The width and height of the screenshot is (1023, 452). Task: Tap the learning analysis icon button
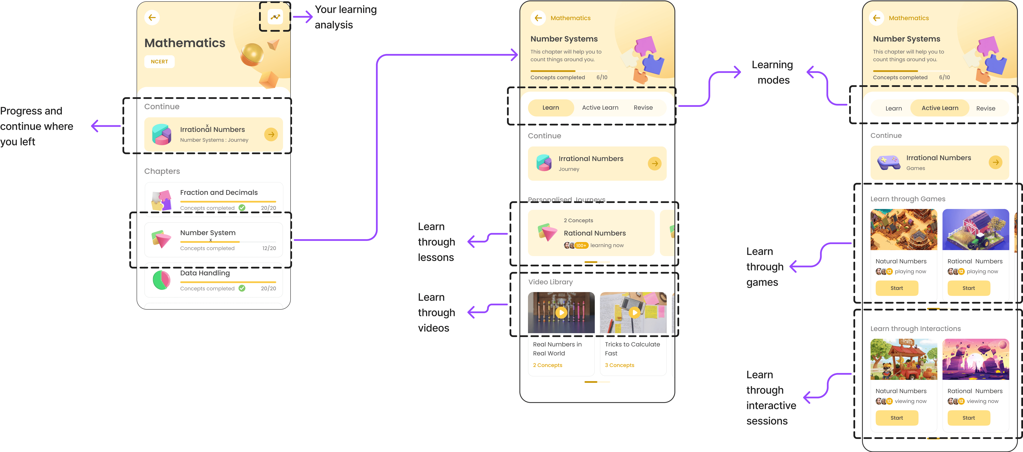click(275, 17)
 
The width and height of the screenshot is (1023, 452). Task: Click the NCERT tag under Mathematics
click(159, 62)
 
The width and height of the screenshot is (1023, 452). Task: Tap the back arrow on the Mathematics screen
click(152, 18)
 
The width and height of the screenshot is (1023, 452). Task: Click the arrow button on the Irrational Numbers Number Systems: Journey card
click(271, 135)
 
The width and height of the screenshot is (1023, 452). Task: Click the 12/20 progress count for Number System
click(269, 248)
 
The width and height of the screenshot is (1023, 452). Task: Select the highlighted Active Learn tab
click(939, 108)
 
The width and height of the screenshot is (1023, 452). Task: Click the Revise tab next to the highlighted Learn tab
click(643, 108)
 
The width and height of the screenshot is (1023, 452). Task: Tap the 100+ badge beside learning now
click(581, 245)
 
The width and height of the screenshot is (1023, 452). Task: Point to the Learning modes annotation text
click(772, 72)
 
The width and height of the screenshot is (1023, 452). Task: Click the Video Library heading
click(550, 282)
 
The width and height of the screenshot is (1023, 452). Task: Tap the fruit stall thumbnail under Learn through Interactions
click(904, 359)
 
